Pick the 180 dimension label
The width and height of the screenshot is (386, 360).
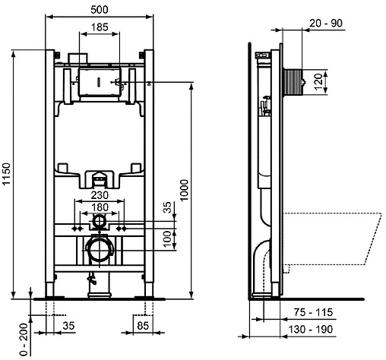point(100,207)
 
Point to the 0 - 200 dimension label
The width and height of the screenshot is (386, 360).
point(24,340)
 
